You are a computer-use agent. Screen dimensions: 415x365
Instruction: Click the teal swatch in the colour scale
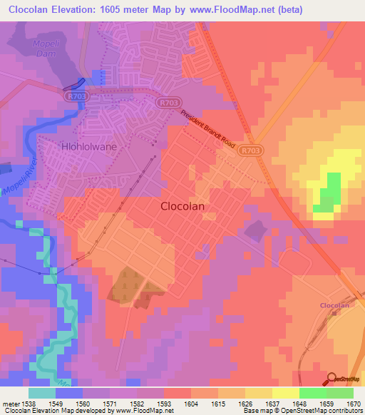41,393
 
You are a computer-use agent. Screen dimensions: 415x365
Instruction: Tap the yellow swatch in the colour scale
285,393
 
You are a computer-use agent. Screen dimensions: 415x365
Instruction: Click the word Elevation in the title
76,9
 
